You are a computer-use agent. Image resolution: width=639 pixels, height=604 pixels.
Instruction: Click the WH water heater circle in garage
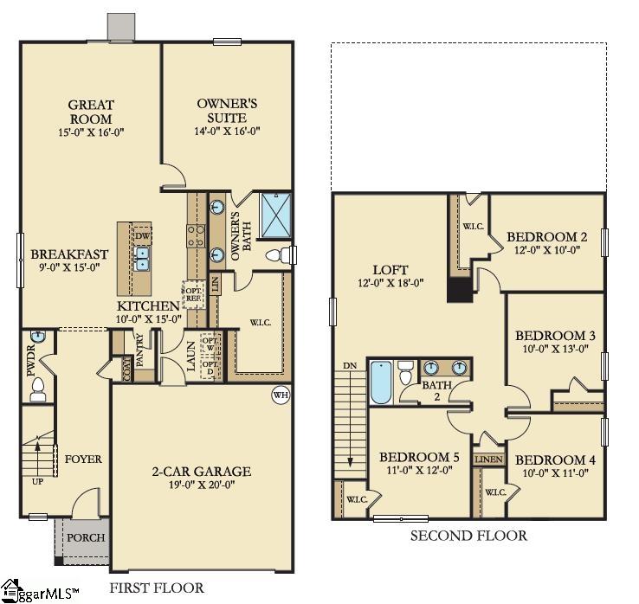coord(279,394)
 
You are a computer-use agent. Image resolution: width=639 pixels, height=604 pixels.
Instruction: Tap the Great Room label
coord(90,112)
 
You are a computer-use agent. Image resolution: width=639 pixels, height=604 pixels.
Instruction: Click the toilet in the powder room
coord(37,394)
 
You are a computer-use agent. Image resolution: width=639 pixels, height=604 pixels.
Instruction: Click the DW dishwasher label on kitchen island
coord(142,235)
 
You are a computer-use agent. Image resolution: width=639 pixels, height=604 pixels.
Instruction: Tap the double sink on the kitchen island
coord(141,257)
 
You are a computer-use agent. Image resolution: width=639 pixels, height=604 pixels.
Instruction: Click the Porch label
coord(86,537)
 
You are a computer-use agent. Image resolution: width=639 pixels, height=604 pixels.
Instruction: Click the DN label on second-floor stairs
coord(350,365)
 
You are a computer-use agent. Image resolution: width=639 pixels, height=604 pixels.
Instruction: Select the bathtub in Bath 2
coord(380,382)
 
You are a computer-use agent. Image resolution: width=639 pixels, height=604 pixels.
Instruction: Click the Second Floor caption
coord(468,536)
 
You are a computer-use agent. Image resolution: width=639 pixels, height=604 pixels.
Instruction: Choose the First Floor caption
coord(157,588)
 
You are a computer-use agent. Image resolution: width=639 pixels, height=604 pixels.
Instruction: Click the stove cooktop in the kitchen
coord(195,234)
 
